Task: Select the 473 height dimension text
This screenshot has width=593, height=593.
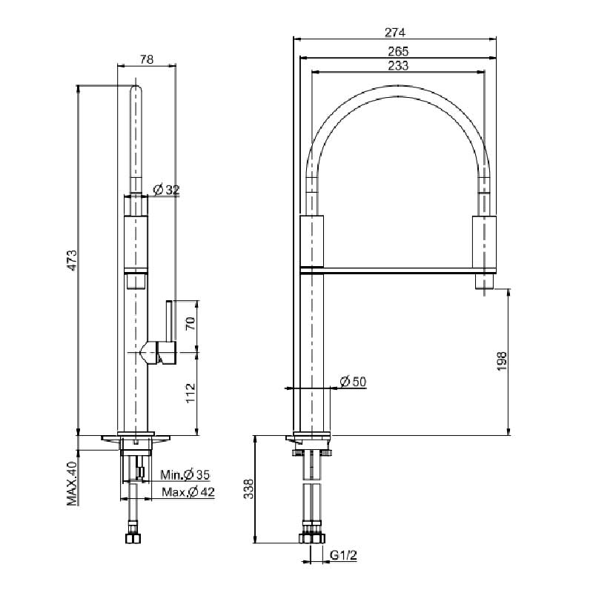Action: [73, 260]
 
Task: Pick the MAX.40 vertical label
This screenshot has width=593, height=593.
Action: [73, 483]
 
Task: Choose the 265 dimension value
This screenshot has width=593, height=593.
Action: [397, 51]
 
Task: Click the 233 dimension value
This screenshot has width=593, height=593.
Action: [397, 66]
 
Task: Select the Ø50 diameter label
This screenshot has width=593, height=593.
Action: [353, 382]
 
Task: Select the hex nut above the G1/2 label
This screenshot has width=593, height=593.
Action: [312, 538]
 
